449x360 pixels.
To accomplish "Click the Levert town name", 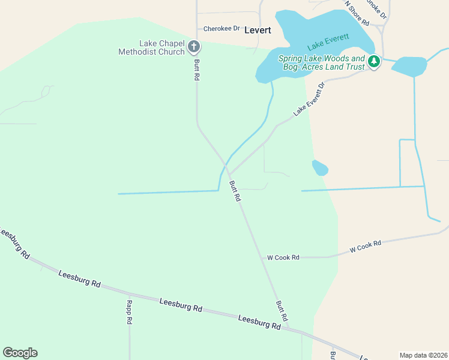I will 258,30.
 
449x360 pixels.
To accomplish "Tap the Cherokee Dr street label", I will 221,28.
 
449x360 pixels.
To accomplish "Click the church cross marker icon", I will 194,46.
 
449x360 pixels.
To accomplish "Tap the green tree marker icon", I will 374,61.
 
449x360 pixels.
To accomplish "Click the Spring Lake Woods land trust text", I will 322,62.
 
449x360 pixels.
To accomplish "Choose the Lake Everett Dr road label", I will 309,100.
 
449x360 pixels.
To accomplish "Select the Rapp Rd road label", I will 129,312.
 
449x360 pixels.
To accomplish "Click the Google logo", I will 20,353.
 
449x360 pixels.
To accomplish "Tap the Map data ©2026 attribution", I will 423,355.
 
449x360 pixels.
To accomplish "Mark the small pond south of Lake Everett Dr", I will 320,168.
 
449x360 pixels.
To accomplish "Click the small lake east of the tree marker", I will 409,66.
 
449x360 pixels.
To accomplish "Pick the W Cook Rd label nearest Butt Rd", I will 283,257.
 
